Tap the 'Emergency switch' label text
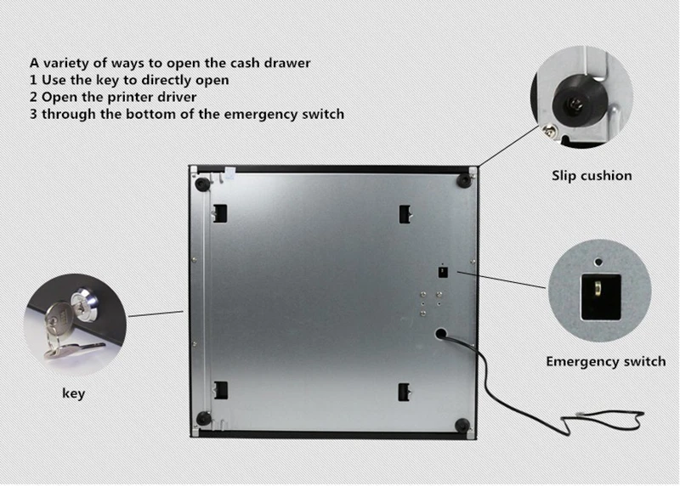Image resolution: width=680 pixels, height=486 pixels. [605, 361]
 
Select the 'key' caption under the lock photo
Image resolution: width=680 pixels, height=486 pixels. [74, 393]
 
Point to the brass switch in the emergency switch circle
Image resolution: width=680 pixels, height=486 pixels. [596, 289]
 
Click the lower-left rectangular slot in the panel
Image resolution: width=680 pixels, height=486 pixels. [220, 390]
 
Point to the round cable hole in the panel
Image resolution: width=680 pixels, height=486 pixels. [441, 335]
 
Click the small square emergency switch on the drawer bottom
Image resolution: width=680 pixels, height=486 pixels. [442, 271]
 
